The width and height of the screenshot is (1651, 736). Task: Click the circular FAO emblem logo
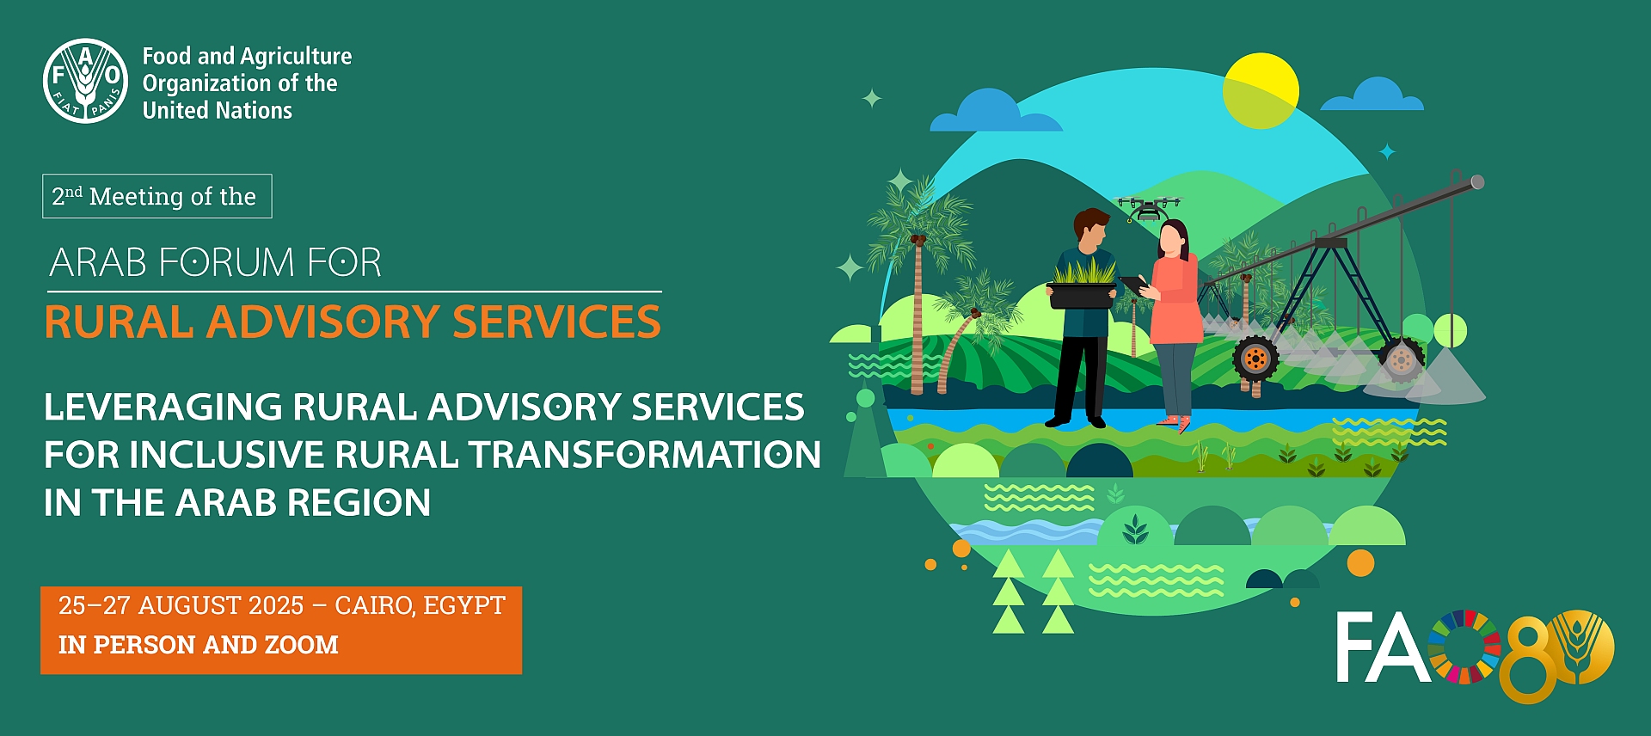pos(86,81)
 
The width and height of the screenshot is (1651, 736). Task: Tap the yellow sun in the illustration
pos(1261,90)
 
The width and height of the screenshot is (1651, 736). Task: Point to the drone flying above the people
pos(1149,207)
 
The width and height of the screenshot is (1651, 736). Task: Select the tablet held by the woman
pos(1132,284)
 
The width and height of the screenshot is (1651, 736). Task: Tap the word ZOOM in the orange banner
pos(301,645)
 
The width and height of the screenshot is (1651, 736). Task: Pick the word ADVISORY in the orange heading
pos(323,322)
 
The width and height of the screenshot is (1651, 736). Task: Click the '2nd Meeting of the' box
pos(157,196)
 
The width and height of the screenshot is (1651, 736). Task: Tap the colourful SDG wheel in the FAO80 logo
pos(1464,647)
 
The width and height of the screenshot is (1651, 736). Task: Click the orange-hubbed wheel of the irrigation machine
pos(1255,359)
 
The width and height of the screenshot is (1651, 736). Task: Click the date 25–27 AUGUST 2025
pos(181,606)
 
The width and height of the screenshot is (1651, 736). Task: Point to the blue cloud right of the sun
pos(1372,95)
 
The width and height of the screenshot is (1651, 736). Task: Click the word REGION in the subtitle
pos(359,503)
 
